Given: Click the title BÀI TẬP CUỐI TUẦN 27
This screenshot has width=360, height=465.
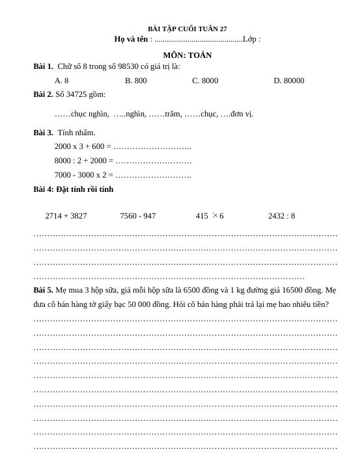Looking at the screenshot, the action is coord(187,29).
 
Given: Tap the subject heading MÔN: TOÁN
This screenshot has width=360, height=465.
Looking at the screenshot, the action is coord(187,55).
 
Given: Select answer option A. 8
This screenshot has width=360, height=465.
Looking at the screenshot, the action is coord(62,81).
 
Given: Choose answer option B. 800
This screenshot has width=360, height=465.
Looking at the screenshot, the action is coord(136,81).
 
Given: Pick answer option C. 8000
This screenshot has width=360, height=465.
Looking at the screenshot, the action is coord(205,81).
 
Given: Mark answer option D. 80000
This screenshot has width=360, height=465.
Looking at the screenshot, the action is coord(288,81).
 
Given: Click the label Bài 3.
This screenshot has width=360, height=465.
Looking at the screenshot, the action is coord(43,133).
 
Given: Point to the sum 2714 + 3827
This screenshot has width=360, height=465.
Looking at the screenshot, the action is coord(66,216).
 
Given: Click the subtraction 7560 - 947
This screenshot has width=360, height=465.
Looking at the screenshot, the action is coord(138,216).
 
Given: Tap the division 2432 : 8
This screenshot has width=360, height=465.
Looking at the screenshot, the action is coord(281,216).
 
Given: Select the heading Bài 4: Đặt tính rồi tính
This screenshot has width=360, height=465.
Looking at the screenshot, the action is coord(74,189).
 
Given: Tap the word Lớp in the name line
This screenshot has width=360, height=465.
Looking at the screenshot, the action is coord(250,39).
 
